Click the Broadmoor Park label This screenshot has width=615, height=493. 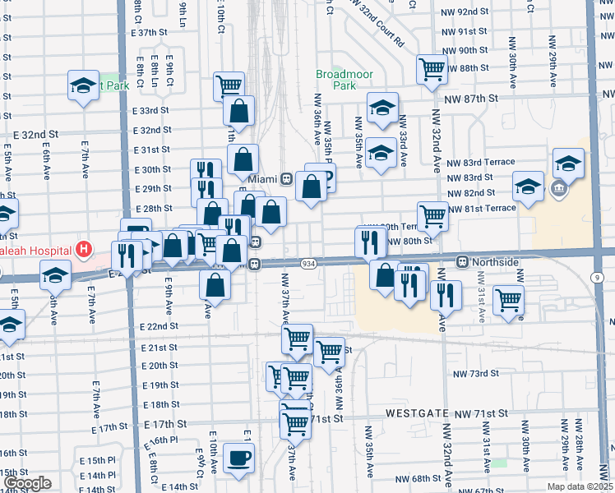[345, 80]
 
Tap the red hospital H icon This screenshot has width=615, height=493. [83, 248]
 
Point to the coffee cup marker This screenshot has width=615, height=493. [238, 458]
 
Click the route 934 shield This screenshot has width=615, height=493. [308, 264]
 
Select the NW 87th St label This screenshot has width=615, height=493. [470, 98]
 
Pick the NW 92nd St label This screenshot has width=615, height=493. [465, 12]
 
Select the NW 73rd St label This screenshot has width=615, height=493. [476, 373]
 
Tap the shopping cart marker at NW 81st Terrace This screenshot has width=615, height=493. [432, 216]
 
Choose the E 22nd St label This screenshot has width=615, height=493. [160, 326]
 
